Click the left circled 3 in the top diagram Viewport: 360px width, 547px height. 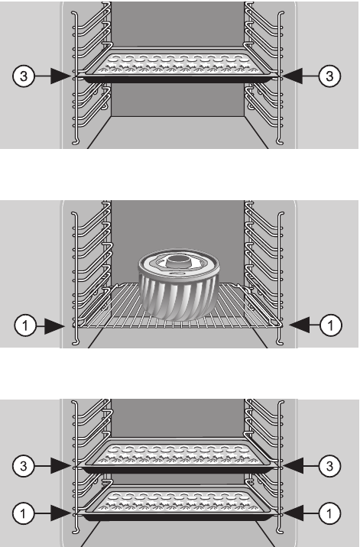click(x=24, y=76)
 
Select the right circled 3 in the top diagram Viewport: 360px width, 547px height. click(x=329, y=76)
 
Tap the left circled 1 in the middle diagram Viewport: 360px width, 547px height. click(x=25, y=325)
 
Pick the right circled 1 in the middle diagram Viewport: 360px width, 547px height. click(x=331, y=325)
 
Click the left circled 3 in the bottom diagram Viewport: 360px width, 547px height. click(x=24, y=466)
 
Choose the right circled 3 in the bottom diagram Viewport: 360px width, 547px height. click(x=329, y=466)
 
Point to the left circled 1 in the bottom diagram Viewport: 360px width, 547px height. click(x=23, y=513)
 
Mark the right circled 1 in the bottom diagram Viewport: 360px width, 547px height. click(x=329, y=513)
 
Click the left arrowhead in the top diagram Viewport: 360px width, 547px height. click(x=60, y=76)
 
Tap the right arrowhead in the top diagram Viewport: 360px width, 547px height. click(x=292, y=76)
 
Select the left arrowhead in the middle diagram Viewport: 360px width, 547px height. click(x=55, y=326)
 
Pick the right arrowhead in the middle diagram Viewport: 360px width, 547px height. click(x=300, y=325)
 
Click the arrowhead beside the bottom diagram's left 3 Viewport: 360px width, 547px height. click(x=60, y=466)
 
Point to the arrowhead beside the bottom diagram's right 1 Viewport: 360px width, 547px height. click(x=292, y=513)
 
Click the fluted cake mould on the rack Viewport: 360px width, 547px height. click(x=180, y=284)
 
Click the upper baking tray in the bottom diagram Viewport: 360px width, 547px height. click(x=178, y=455)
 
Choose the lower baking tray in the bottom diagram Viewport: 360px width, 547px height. click(x=178, y=503)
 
